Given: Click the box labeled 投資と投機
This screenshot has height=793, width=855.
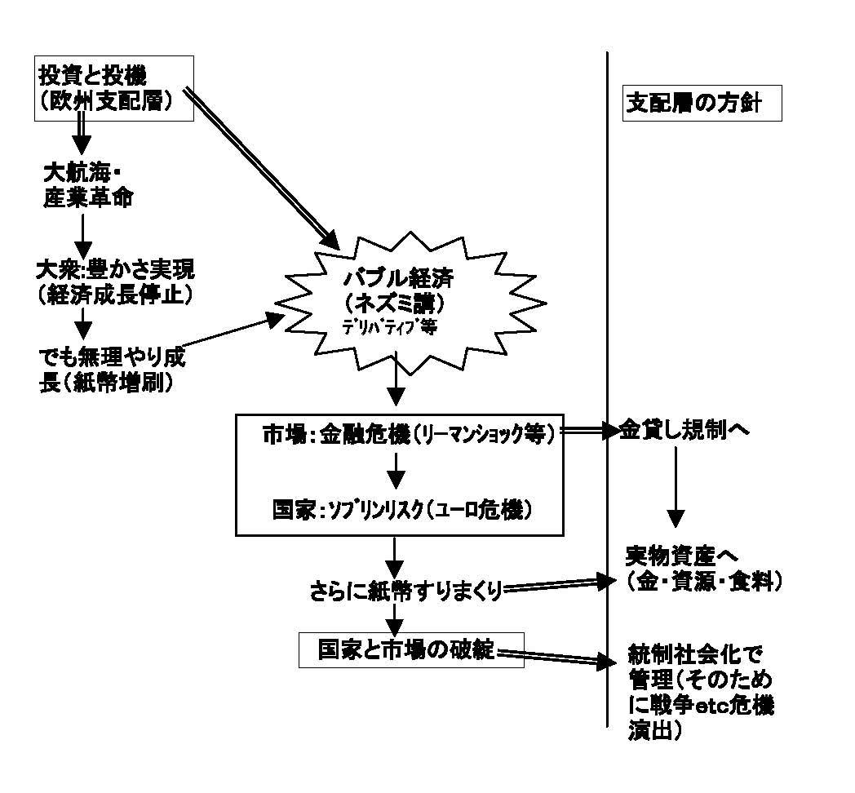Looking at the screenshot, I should (x=113, y=88).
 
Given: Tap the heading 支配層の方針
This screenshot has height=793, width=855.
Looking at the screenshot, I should (x=702, y=103).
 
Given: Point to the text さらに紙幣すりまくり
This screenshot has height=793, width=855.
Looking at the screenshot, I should (x=404, y=589).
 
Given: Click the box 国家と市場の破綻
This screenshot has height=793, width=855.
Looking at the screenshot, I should (x=410, y=649).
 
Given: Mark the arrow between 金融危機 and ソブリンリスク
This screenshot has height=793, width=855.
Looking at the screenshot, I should (x=395, y=469).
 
